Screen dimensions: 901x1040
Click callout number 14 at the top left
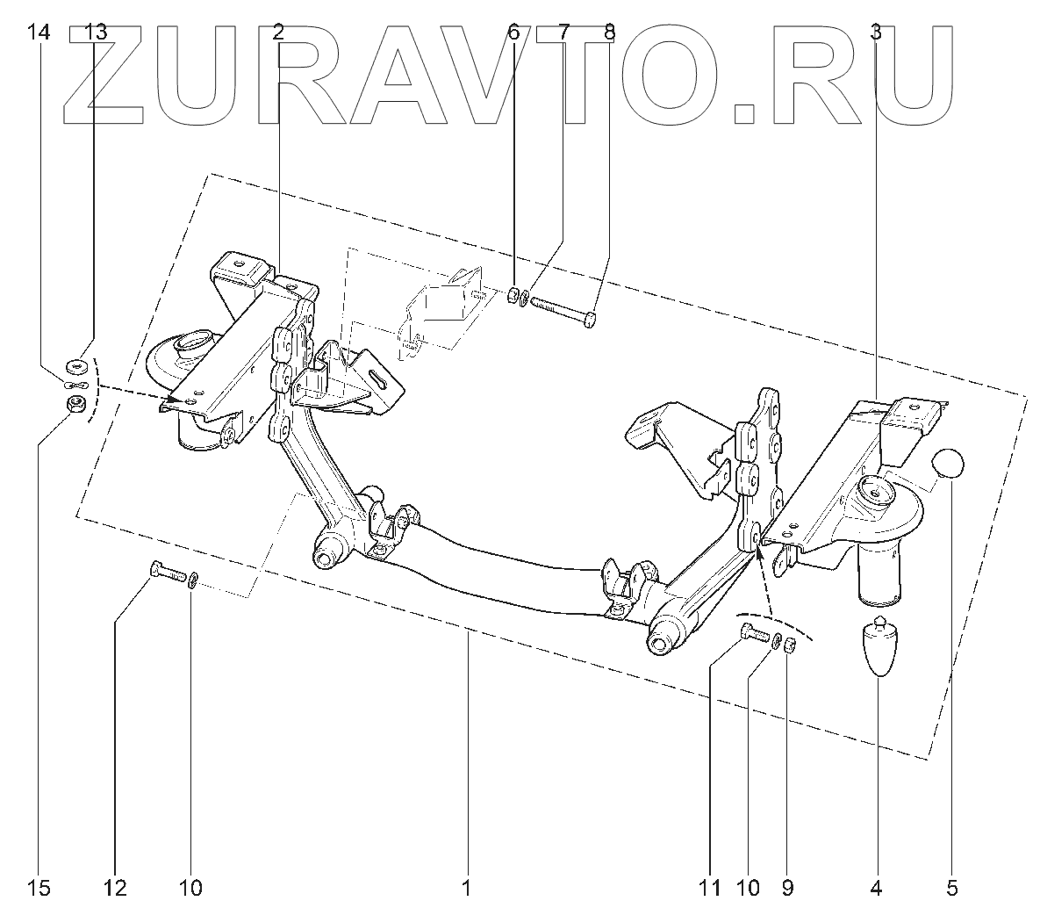(39, 32)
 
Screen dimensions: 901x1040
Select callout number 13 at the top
(95, 32)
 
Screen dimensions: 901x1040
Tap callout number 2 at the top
(277, 32)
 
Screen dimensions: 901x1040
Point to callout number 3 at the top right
(876, 32)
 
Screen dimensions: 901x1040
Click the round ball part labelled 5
(950, 463)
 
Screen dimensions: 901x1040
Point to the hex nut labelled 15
(76, 405)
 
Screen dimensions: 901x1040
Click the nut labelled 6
(513, 296)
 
